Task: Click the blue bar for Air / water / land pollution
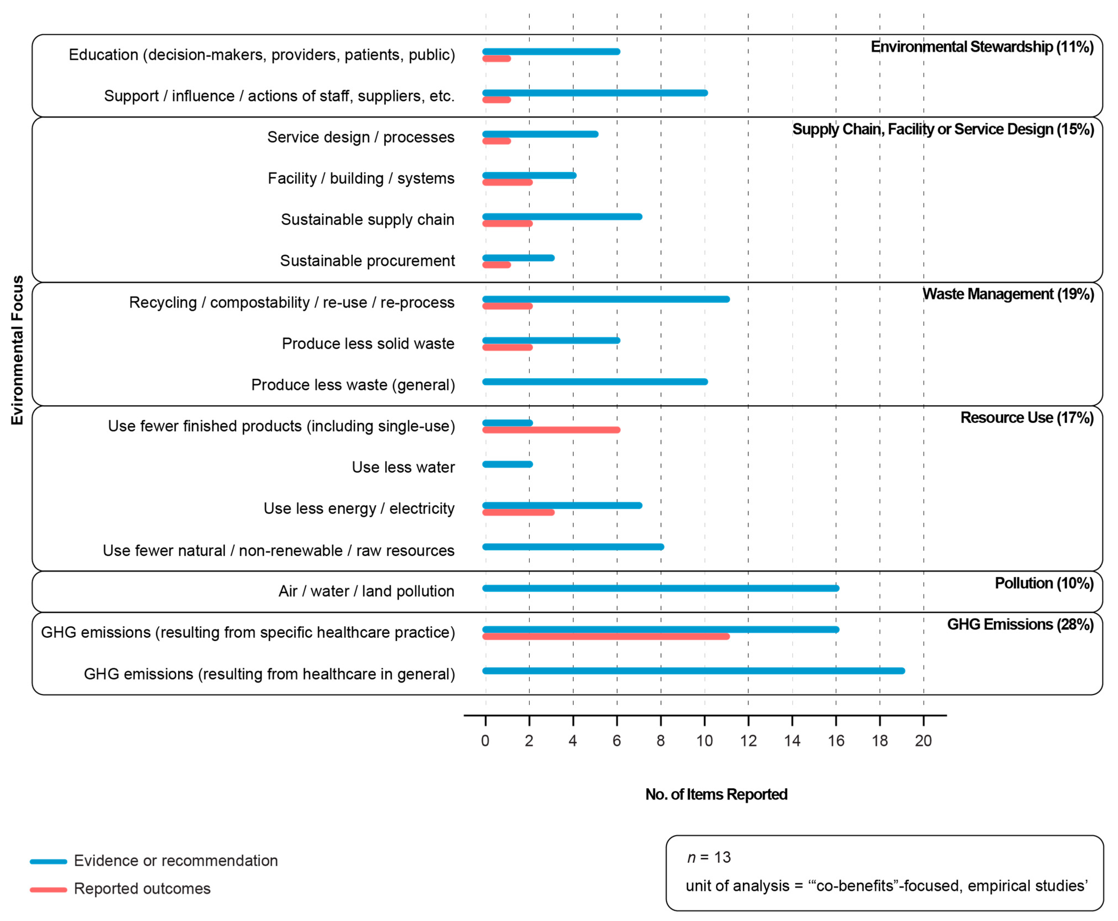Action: click(x=660, y=588)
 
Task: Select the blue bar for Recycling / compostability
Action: click(x=606, y=299)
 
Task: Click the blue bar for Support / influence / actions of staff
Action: click(x=595, y=93)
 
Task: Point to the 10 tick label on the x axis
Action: click(x=704, y=741)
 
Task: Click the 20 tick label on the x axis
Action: click(x=923, y=741)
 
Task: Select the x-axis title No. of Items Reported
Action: click(x=716, y=794)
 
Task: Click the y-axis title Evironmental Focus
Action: click(x=18, y=350)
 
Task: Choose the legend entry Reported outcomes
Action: click(x=142, y=889)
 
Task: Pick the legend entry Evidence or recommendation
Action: click(x=175, y=861)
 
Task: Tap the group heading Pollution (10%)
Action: click(x=1044, y=583)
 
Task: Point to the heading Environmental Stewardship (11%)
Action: click(x=982, y=47)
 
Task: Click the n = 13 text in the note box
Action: click(x=709, y=857)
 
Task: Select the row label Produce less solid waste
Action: click(x=368, y=344)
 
